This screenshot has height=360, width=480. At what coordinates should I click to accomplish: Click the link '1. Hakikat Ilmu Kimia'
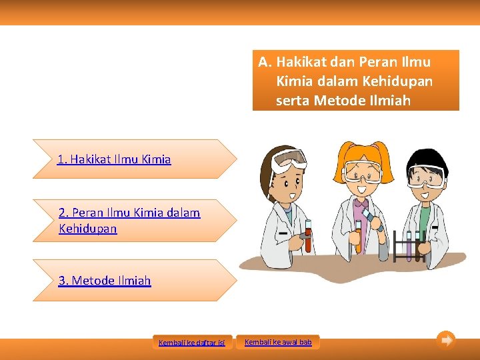(114, 159)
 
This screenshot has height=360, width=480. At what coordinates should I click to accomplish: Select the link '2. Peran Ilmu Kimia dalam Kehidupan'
(129, 221)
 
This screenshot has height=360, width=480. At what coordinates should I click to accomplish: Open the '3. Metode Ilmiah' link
(105, 281)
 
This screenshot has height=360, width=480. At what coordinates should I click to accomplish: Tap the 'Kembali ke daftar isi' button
(192, 343)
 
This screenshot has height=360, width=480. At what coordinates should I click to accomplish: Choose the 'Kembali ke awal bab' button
(278, 342)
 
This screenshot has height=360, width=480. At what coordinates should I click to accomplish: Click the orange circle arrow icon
(446, 340)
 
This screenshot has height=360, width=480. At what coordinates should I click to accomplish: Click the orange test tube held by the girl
(358, 236)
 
